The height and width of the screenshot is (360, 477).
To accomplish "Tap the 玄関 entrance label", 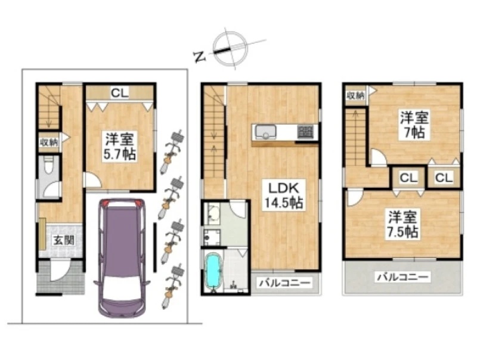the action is pyautogui.click(x=64, y=241).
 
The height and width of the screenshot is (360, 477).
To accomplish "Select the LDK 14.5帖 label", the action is pyautogui.click(x=284, y=195).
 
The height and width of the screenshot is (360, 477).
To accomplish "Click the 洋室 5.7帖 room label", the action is pyautogui.click(x=119, y=146).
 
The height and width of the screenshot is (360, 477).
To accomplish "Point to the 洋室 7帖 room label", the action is pyautogui.click(x=414, y=125).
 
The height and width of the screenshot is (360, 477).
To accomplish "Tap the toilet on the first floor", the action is pyautogui.click(x=49, y=166).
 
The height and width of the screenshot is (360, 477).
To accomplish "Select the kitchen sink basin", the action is pyautogui.click(x=265, y=132).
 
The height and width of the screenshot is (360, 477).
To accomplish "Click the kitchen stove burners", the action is pyautogui.click(x=305, y=132).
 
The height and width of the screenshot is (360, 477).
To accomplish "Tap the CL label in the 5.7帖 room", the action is pyautogui.click(x=119, y=93).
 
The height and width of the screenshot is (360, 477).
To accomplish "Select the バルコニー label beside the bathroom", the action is pyautogui.click(x=285, y=283).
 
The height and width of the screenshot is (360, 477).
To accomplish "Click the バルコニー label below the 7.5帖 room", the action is pyautogui.click(x=403, y=277).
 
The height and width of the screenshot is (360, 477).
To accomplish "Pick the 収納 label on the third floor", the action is pyautogui.click(x=355, y=95).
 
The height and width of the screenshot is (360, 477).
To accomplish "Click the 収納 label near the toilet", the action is pyautogui.click(x=49, y=142).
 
